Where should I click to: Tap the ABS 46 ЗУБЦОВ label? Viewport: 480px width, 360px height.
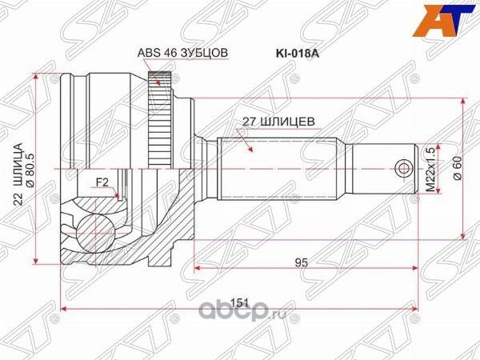(x=183, y=53)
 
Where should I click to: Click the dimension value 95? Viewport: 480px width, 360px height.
(x=301, y=260)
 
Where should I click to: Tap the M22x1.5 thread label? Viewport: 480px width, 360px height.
(x=430, y=168)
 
